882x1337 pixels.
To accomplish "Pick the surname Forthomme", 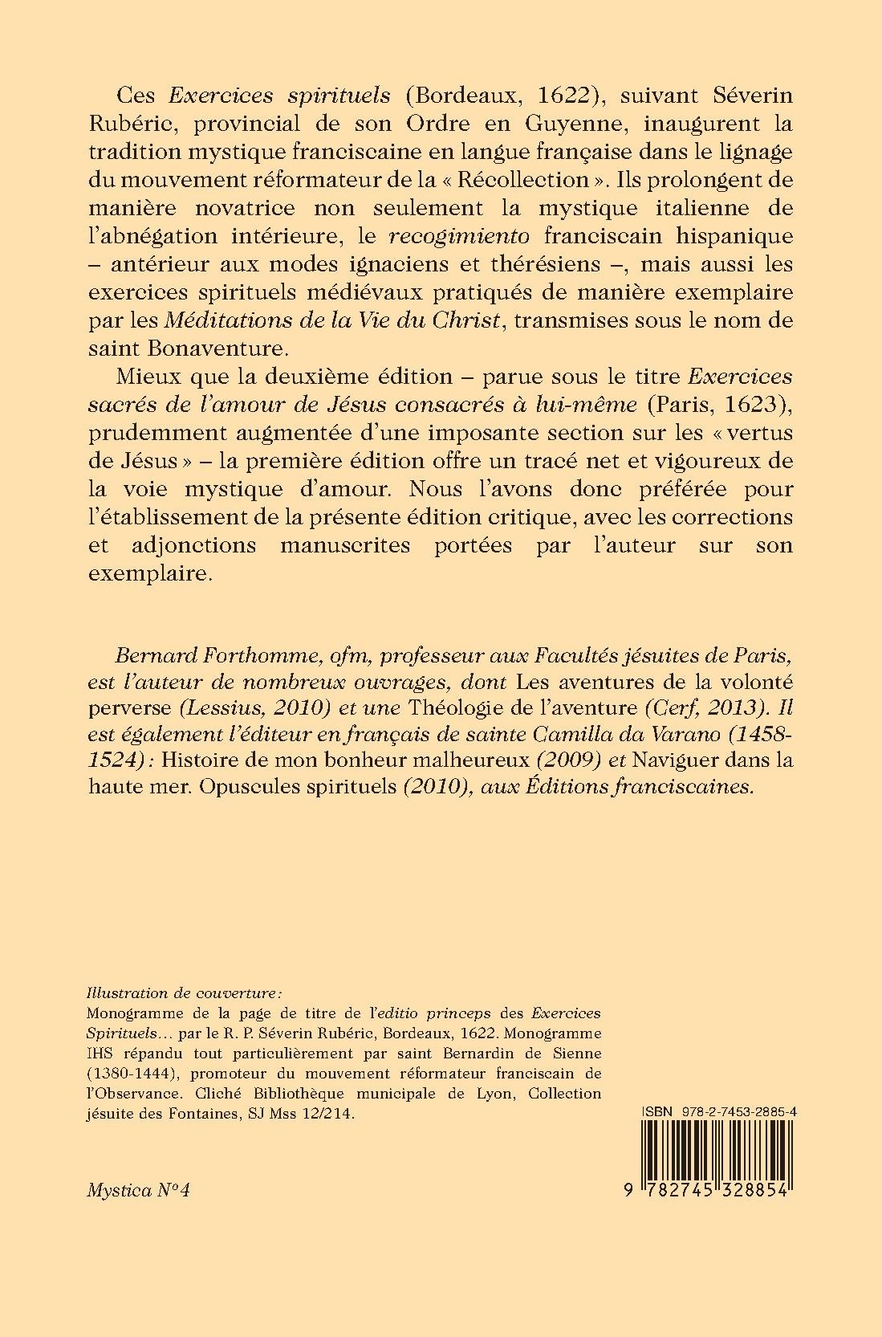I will tap(262, 654).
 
